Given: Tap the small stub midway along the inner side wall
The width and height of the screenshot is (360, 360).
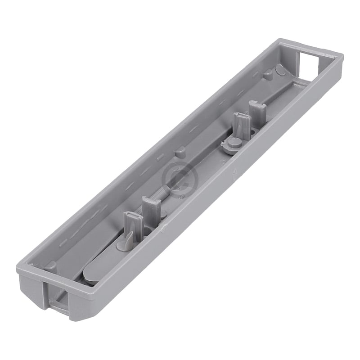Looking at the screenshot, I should pyautogui.click(x=180, y=150).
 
